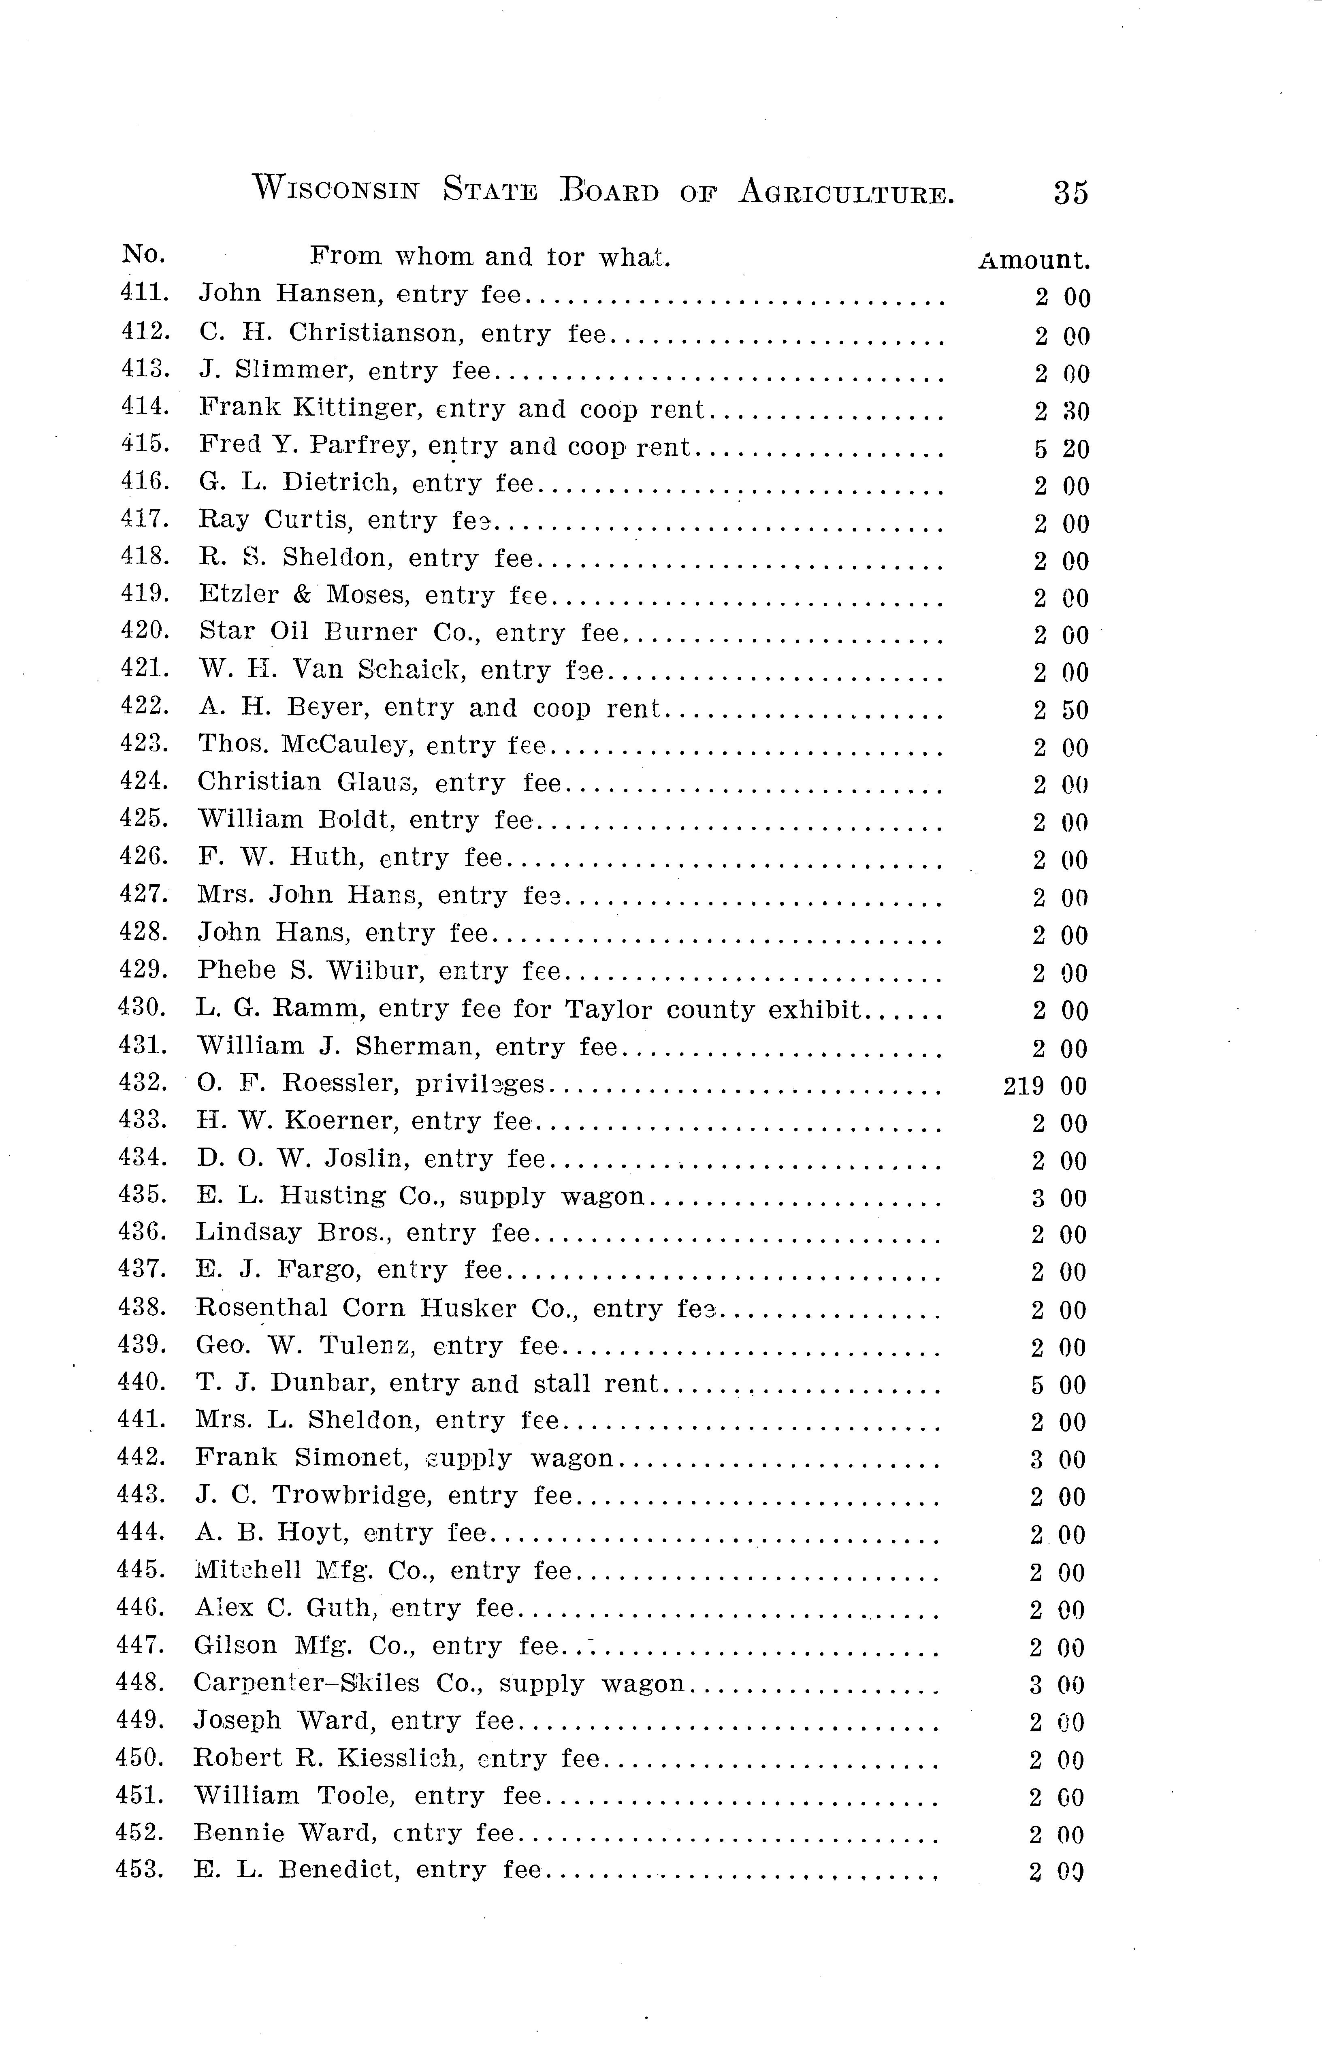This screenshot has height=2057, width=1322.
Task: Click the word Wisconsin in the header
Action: click(336, 189)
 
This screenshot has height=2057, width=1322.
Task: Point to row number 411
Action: click(144, 292)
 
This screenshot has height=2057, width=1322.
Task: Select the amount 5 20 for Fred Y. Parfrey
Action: click(1061, 449)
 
